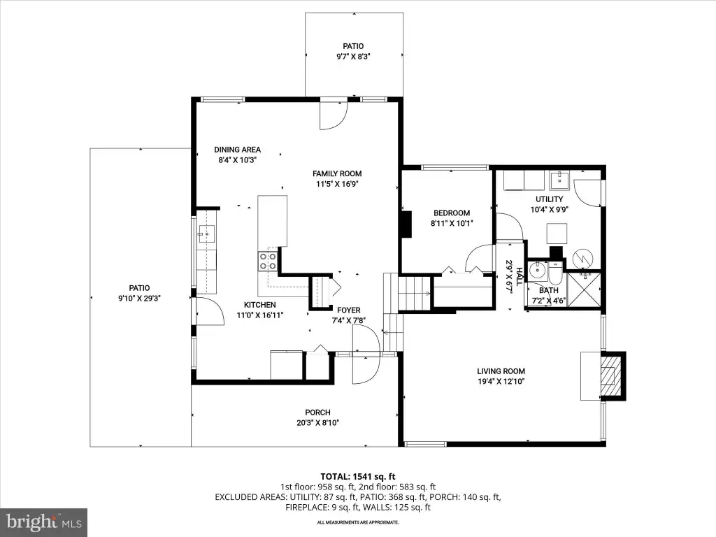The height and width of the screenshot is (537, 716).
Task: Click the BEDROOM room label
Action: click(x=452, y=213)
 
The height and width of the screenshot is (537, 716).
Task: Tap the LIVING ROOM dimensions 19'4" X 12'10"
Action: click(x=501, y=382)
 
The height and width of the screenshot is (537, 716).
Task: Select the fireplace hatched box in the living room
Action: click(x=612, y=375)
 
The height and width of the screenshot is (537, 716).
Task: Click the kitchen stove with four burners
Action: click(x=268, y=262)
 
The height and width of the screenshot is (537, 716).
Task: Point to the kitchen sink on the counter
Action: click(x=206, y=234)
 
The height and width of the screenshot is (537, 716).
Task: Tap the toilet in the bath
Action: click(x=554, y=273)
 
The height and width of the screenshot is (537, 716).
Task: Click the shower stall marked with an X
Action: click(x=584, y=289)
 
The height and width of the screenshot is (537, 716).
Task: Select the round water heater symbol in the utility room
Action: click(x=582, y=259)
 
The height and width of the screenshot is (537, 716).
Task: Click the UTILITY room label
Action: click(x=549, y=199)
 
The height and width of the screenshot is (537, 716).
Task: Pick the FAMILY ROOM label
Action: click(x=337, y=173)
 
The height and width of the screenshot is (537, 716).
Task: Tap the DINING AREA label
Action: click(x=238, y=150)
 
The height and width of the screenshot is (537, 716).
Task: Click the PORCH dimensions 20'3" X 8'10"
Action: click(x=318, y=423)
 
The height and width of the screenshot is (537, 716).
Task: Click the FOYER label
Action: click(x=349, y=310)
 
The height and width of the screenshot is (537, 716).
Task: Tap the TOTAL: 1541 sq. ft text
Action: click(x=357, y=477)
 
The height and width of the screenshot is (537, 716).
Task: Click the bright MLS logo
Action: click(x=44, y=522)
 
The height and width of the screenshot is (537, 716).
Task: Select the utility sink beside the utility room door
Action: click(x=559, y=180)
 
